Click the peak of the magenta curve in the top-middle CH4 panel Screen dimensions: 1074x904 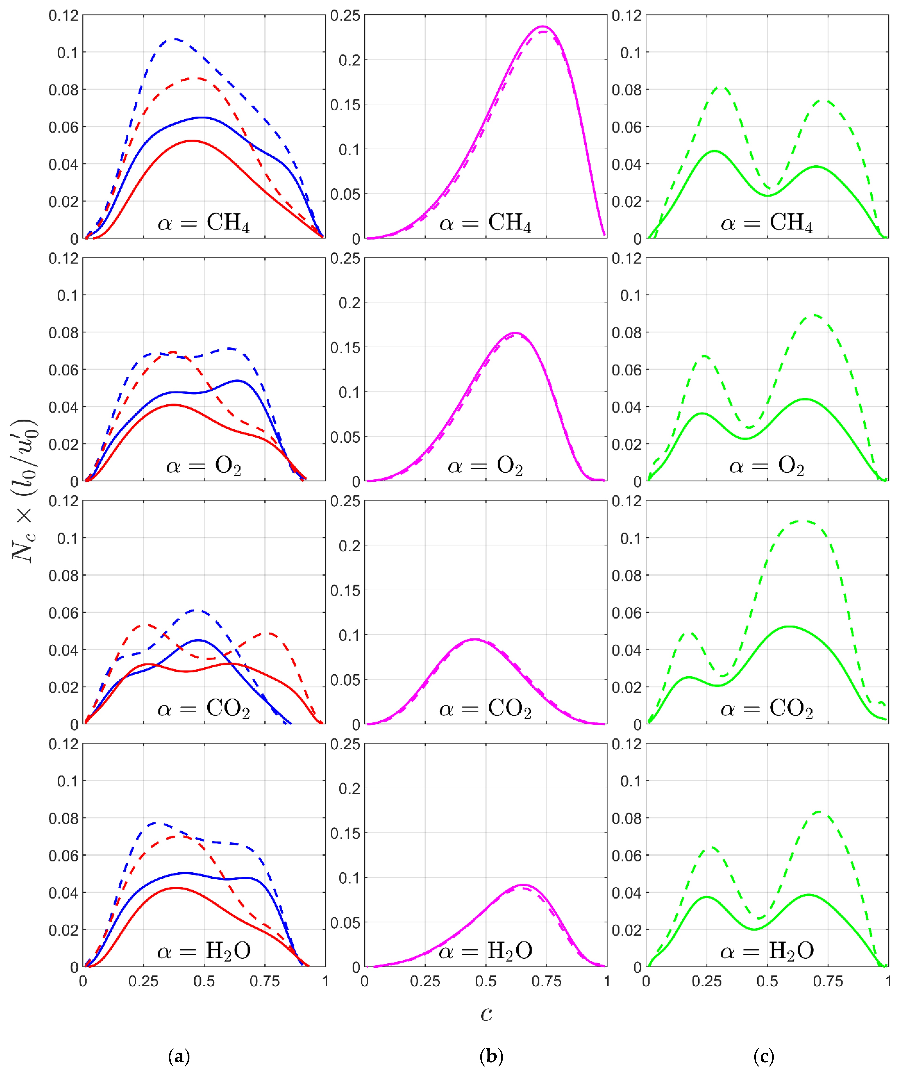point(542,26)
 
